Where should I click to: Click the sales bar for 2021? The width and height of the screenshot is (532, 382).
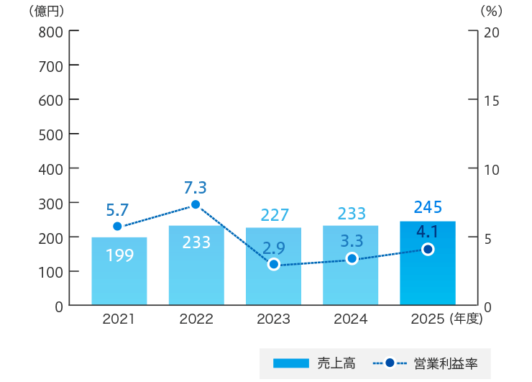[119, 271]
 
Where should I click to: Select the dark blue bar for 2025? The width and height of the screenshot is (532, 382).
[428, 263]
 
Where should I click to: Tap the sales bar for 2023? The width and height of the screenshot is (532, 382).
[273, 266]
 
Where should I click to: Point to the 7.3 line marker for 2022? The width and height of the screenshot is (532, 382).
[196, 204]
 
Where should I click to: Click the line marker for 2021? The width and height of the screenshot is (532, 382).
[117, 226]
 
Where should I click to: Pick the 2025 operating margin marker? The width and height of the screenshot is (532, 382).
[428, 249]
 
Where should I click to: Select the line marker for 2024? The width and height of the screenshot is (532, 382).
[352, 258]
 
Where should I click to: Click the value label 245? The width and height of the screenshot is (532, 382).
[428, 206]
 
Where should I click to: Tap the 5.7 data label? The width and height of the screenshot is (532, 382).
[117, 210]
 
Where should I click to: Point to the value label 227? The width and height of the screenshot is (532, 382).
[275, 215]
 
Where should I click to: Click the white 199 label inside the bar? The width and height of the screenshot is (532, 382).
[120, 255]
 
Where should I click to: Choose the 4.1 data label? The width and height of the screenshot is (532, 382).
[427, 232]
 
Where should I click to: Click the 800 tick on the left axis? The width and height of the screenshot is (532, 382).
[50, 32]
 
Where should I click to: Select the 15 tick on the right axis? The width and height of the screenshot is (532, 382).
[491, 101]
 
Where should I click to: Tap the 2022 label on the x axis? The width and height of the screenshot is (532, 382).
[196, 319]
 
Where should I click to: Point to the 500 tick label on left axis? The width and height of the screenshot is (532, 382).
[50, 135]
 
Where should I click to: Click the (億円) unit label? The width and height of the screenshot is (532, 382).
[47, 12]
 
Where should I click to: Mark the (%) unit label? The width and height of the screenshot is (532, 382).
[492, 12]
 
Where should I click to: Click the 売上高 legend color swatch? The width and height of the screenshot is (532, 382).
[291, 363]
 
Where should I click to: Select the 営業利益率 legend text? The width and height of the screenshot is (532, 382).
[446, 364]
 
